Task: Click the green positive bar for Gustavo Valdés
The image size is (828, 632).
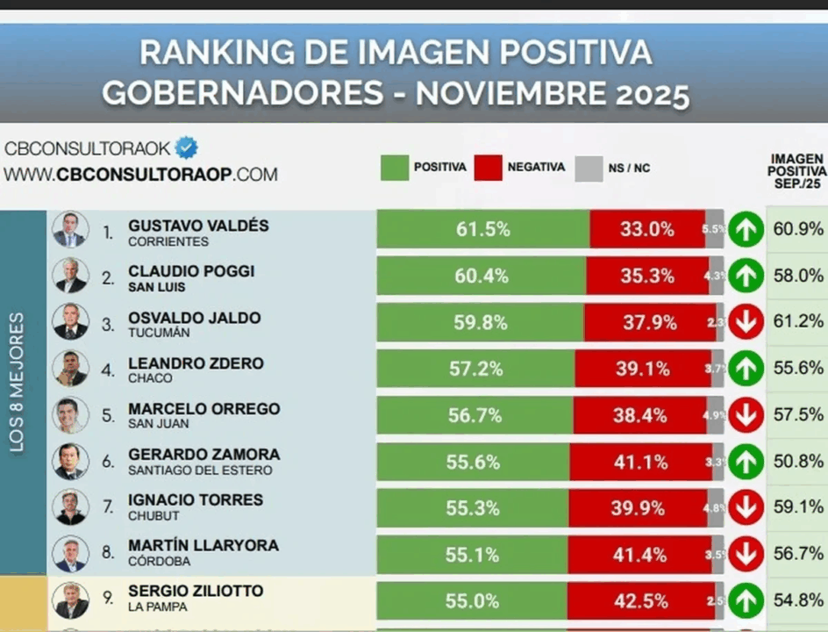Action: (482, 230)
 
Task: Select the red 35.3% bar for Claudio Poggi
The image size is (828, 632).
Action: (647, 276)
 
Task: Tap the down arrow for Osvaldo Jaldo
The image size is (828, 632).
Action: (746, 322)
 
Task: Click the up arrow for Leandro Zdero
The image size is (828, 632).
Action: (746, 368)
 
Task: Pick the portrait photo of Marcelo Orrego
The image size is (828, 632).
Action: (70, 414)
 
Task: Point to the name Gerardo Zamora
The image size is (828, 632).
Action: (203, 455)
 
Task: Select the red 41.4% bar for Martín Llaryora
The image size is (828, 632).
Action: (646, 555)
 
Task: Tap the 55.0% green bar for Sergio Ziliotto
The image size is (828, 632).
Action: (472, 601)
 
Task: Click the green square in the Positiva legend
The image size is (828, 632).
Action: (395, 168)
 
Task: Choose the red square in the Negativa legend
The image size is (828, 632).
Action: (488, 168)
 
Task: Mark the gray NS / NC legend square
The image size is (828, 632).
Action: (589, 168)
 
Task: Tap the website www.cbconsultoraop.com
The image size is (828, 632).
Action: (140, 174)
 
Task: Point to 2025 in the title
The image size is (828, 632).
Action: (644, 93)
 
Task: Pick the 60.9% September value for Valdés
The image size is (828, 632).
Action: (798, 230)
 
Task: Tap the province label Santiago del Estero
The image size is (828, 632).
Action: (200, 470)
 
